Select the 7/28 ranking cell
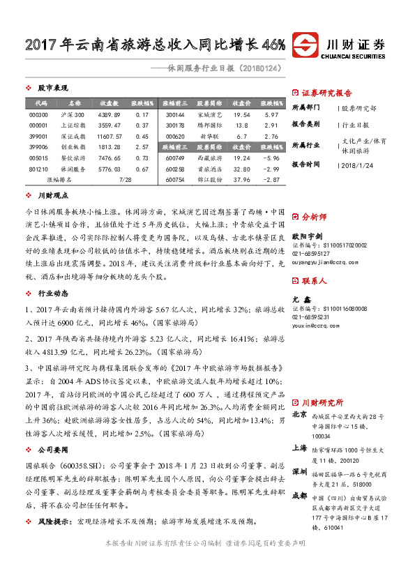[126, 179]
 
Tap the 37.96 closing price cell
[241, 179]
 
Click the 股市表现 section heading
[53, 88]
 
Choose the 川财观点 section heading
[53, 196]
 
